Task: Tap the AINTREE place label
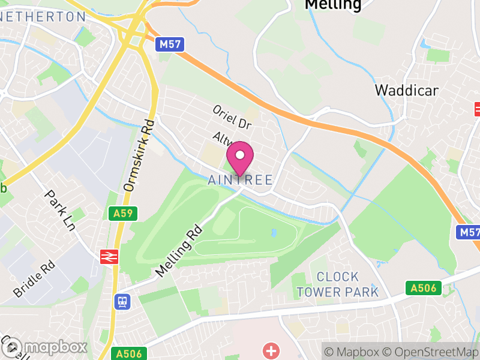[x=240, y=179]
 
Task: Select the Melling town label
[x=333, y=5]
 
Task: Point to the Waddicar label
[x=406, y=90]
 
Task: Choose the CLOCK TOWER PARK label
[x=338, y=284]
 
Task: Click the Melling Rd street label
[x=179, y=251]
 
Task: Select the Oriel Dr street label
[x=232, y=117]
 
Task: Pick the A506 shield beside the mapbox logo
[x=128, y=354]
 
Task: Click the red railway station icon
[x=109, y=257]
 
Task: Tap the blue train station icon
[x=122, y=301]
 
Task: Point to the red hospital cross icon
[x=272, y=350]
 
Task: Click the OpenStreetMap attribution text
[x=430, y=352]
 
